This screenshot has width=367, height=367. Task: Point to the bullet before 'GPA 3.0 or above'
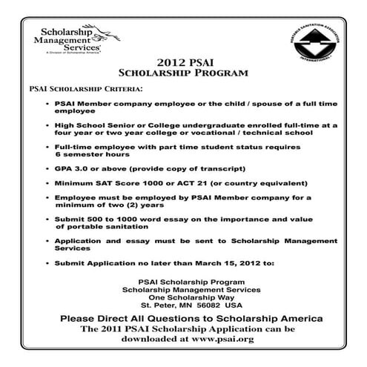coord(48,170)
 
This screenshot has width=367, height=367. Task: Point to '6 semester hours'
coord(87,156)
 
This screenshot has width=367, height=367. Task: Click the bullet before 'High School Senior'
coord(48,127)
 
